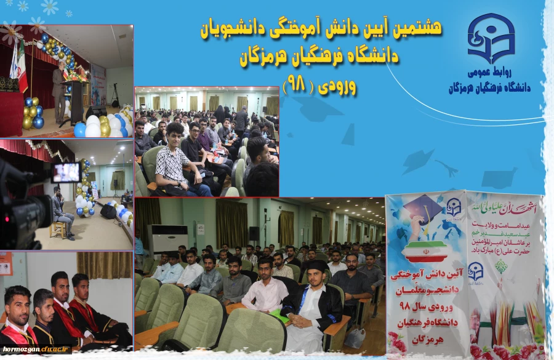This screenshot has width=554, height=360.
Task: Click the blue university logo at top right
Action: pos(490,38)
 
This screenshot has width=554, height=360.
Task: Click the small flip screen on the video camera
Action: pos(66,172)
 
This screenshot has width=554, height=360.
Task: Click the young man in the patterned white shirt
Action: pos(174,162)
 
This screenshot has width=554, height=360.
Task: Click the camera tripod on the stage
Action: pos(114,95)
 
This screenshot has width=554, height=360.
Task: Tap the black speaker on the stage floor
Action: pos(108,212)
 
